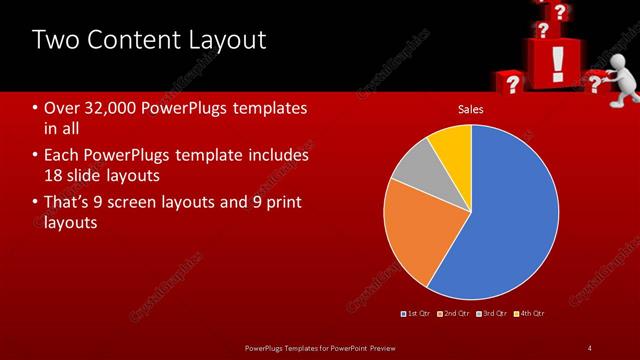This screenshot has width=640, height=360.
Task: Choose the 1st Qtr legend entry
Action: tap(417, 314)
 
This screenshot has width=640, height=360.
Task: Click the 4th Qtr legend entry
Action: tap(530, 314)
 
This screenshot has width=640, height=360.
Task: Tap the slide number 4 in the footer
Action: tap(589, 347)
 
